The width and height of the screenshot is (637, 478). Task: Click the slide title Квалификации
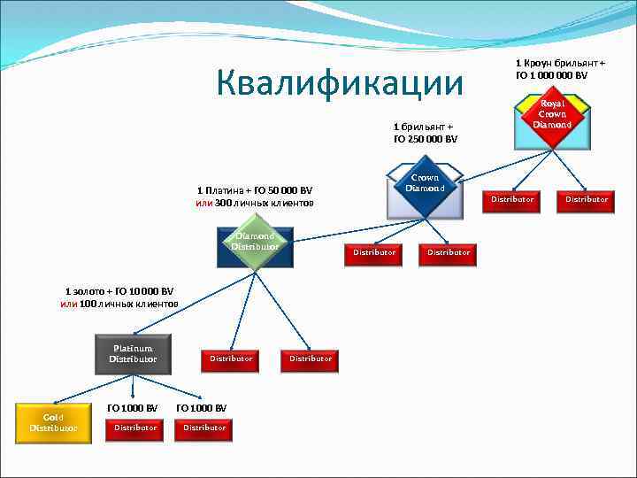point(340,84)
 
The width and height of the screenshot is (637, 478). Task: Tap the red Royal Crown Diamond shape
point(552,115)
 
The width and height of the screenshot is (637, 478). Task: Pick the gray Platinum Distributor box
point(133,354)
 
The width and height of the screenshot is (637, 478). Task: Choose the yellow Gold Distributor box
point(53,422)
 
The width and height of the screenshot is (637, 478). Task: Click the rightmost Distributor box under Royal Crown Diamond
point(587,199)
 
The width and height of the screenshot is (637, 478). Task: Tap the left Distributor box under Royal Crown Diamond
point(512,199)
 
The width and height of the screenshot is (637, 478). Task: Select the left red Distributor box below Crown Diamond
point(374,252)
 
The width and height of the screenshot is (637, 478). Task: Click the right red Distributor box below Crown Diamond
point(449,252)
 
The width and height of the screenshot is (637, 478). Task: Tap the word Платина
point(226,190)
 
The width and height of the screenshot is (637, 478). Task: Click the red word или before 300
point(203,204)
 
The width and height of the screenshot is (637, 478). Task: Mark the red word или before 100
point(68,304)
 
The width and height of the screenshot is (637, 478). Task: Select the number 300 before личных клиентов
point(224,204)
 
